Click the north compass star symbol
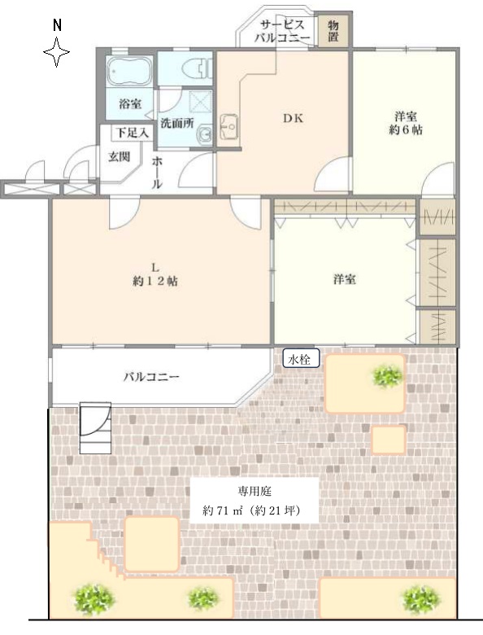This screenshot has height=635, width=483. coord(57,52)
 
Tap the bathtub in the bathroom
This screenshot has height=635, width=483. coord(129,71)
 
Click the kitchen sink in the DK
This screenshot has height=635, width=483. coord(229,127)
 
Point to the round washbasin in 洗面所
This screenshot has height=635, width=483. coord(205,134)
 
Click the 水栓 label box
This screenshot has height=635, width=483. coord(301,358)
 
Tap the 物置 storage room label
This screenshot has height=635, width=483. coord(333,31)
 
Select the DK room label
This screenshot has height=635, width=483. coord(293,118)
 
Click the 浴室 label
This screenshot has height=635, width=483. coord(130,103)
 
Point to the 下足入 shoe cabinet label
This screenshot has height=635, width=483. coord(133,133)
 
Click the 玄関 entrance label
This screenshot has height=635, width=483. coord(119,156)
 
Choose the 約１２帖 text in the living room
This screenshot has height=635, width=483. coord(155,281)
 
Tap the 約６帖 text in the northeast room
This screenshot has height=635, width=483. coord(406,129)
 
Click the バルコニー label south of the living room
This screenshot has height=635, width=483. coord(151,377)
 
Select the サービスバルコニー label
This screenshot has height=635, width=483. coord(281,31)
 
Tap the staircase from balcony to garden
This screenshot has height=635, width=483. coord(95,427)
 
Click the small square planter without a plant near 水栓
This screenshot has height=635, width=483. coord(389,440)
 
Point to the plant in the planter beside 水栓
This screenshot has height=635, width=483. coord(388,376)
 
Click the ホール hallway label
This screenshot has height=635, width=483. coord(158,173)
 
